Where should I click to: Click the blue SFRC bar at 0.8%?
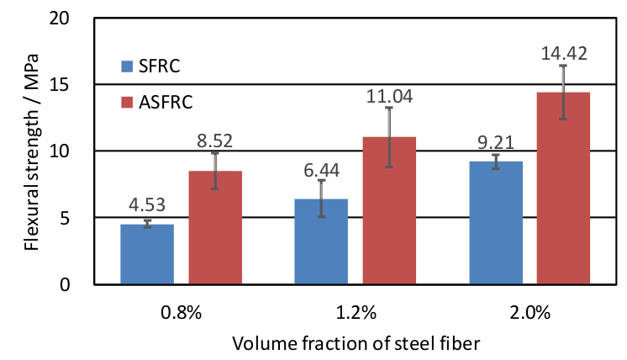click(x=147, y=254)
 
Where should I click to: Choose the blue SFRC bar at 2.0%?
click(x=495, y=223)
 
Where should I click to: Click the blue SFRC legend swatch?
click(x=127, y=65)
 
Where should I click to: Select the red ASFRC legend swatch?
click(x=127, y=103)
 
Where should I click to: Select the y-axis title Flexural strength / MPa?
click(x=31, y=151)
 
